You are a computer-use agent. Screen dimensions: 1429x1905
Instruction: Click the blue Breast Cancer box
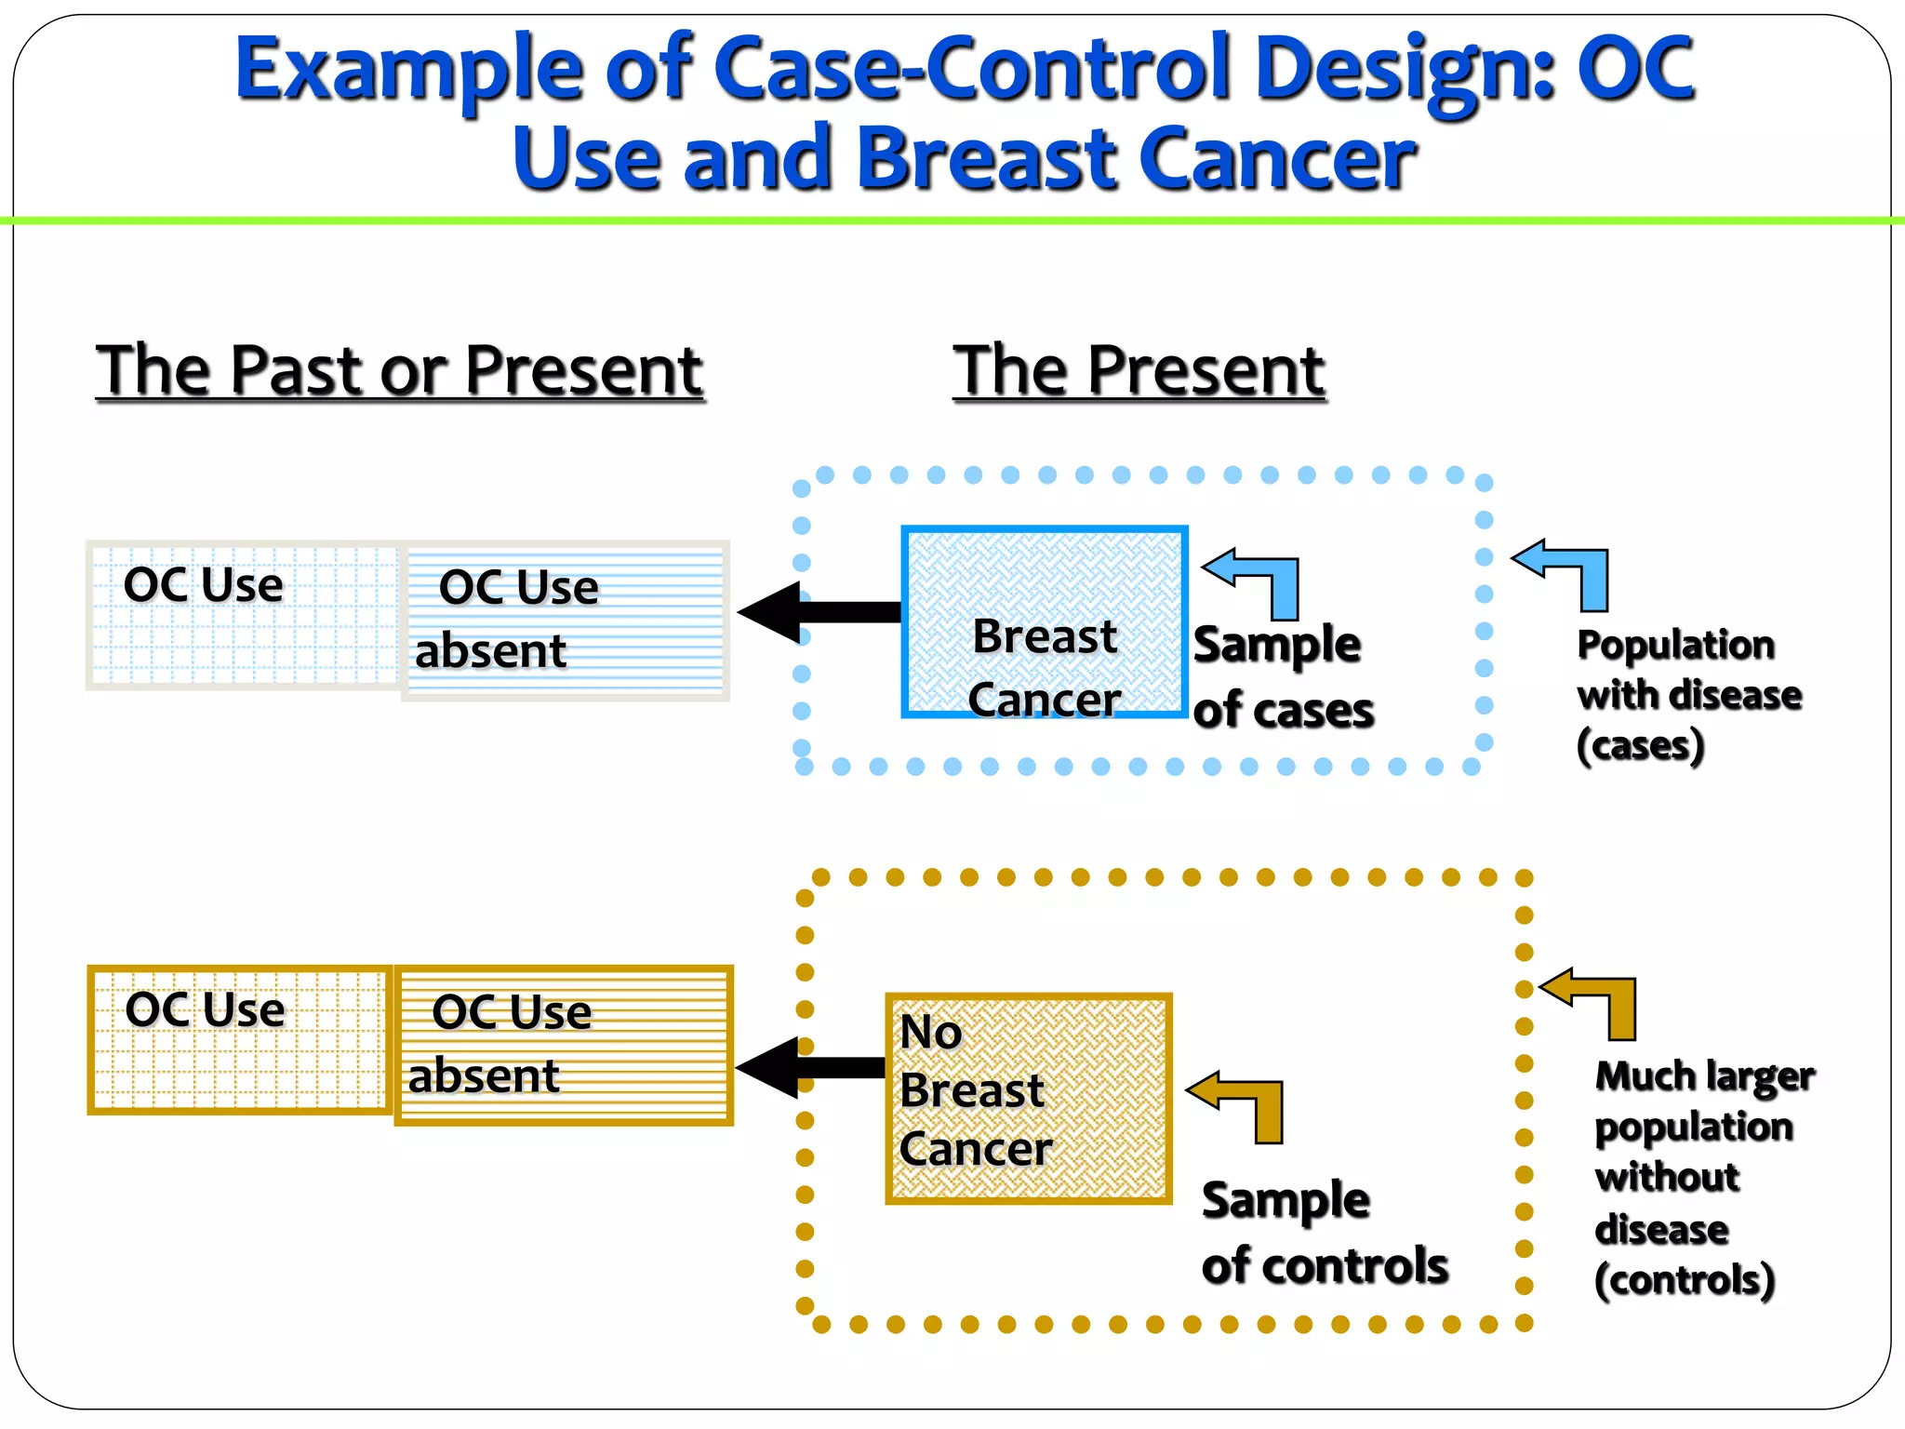pos(1044,621)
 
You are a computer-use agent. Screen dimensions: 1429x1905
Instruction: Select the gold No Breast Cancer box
pos(1028,1098)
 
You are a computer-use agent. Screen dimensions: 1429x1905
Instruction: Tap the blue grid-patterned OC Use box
pos(244,615)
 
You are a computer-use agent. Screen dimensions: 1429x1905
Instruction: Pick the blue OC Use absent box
pos(566,621)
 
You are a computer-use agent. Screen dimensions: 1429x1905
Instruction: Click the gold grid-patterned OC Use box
pos(239,1039)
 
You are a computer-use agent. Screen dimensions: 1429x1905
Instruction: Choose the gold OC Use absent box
pos(564,1045)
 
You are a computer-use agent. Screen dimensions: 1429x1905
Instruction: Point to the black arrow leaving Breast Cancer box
pos(819,612)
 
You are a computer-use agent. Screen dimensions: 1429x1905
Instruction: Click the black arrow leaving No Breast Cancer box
pos(809,1067)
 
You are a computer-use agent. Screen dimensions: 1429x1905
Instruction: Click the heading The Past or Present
pos(400,370)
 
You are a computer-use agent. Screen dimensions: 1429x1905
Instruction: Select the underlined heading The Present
pos(1139,370)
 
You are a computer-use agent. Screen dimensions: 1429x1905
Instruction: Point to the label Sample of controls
pos(1323,1233)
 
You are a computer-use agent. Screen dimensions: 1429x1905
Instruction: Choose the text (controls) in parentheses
pos(1684,1281)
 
